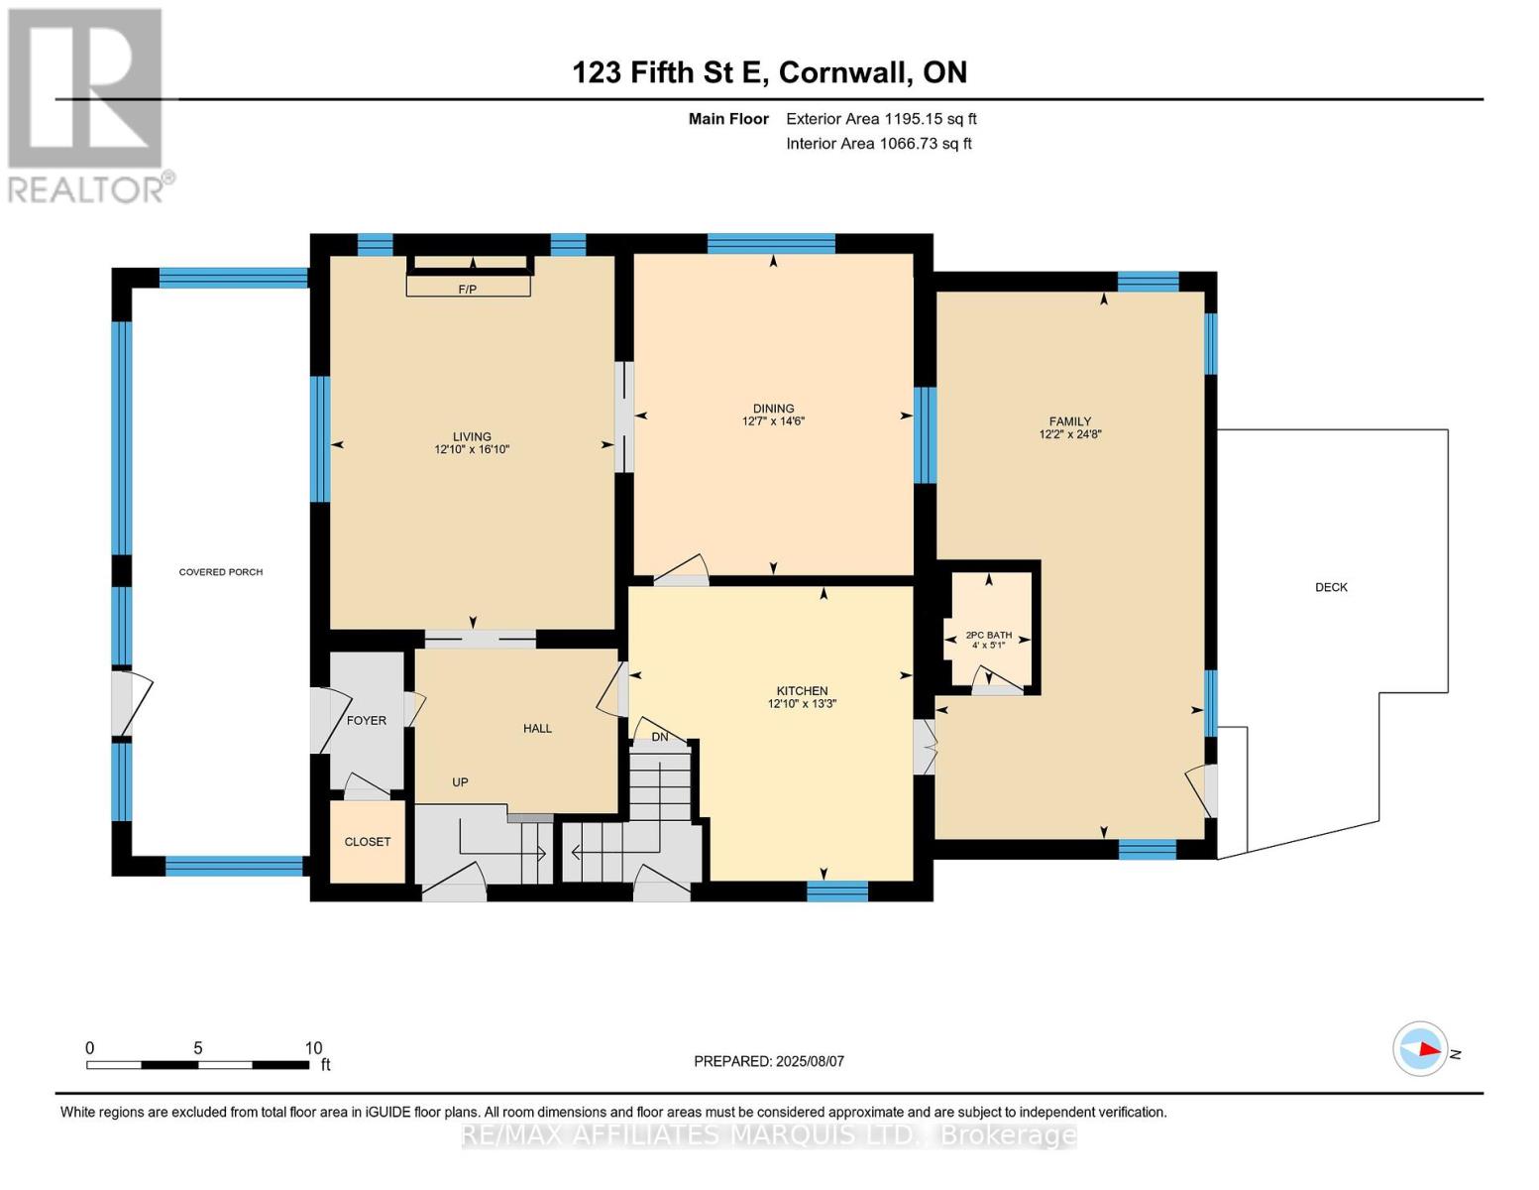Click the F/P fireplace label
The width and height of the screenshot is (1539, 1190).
pos(467,290)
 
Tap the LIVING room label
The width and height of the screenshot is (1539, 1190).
pos(472,436)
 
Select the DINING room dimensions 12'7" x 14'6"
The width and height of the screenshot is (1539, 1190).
pos(773,421)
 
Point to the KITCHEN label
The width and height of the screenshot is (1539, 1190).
pos(802,691)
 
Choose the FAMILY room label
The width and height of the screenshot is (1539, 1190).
pos(1070,421)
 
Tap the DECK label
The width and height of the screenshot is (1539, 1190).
pos(1331,587)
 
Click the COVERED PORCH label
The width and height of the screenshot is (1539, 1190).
pos(220,572)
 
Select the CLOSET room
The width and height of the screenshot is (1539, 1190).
pos(368,842)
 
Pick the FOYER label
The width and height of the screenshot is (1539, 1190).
pos(367,721)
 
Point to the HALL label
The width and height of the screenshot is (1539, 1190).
pos(537,729)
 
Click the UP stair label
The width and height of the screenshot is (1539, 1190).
pos(460,782)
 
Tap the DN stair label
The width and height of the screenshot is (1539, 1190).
pos(660,737)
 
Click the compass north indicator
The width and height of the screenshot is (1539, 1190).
pos(1421,1049)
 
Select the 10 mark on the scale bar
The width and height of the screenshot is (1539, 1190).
pos(313,1048)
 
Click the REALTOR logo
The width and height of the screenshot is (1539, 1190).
pos(86,104)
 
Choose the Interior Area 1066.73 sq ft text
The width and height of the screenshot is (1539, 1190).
pos(879,144)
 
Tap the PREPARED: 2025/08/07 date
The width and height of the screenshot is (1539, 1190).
pos(769,1061)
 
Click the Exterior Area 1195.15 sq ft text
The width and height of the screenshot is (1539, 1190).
pos(881,119)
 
